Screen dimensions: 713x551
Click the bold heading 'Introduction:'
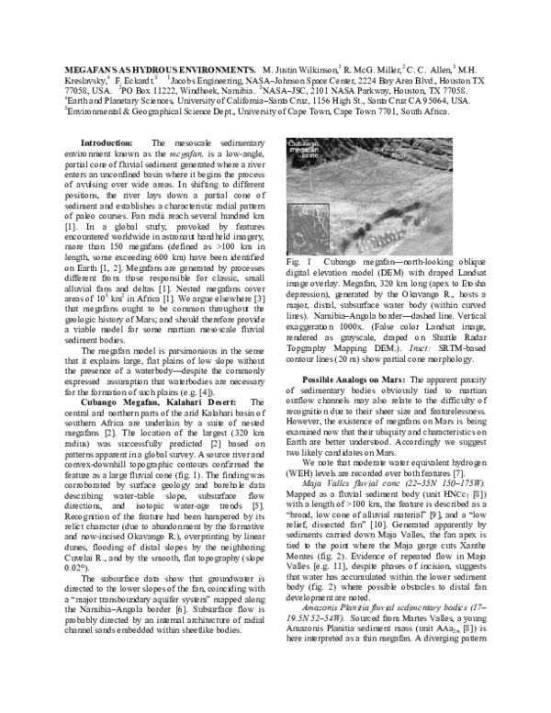click(x=107, y=143)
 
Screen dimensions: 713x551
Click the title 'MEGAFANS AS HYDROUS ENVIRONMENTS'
click(x=160, y=70)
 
